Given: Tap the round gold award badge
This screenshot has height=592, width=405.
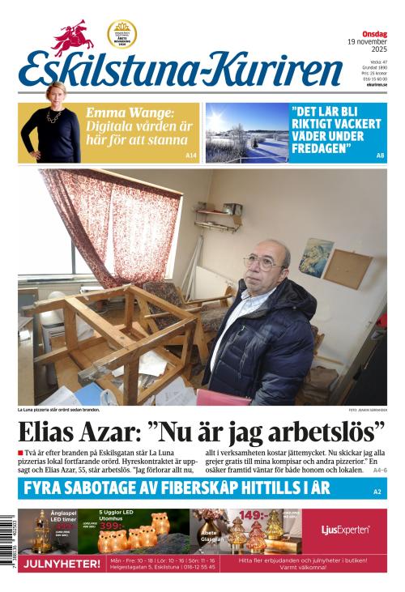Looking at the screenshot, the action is click(122, 34).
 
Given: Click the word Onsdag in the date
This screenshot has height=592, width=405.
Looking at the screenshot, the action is click(374, 33).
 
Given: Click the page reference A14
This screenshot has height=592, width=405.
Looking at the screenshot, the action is click(191, 155).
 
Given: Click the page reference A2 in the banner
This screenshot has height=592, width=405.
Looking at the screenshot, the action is click(377, 492).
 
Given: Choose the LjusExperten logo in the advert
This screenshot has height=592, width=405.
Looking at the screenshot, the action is click(345, 530).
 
